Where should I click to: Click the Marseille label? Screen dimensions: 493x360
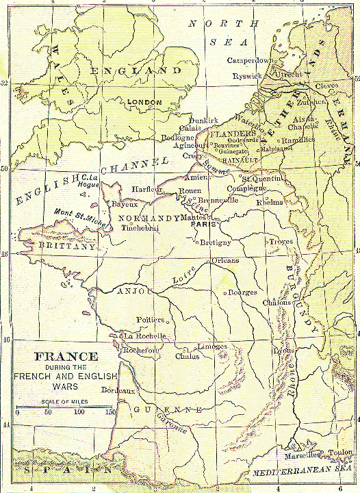(300, 454)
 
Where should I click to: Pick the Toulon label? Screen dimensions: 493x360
(340, 453)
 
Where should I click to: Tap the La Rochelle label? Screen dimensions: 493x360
(144, 336)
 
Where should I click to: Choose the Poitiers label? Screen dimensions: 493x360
(151, 320)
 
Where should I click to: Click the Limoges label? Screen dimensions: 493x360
(211, 346)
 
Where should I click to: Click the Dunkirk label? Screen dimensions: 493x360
(202, 119)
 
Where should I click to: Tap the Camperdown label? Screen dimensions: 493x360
(253, 60)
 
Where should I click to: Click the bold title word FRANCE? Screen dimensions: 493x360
(66, 357)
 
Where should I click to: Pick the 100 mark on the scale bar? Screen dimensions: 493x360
(80, 412)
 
